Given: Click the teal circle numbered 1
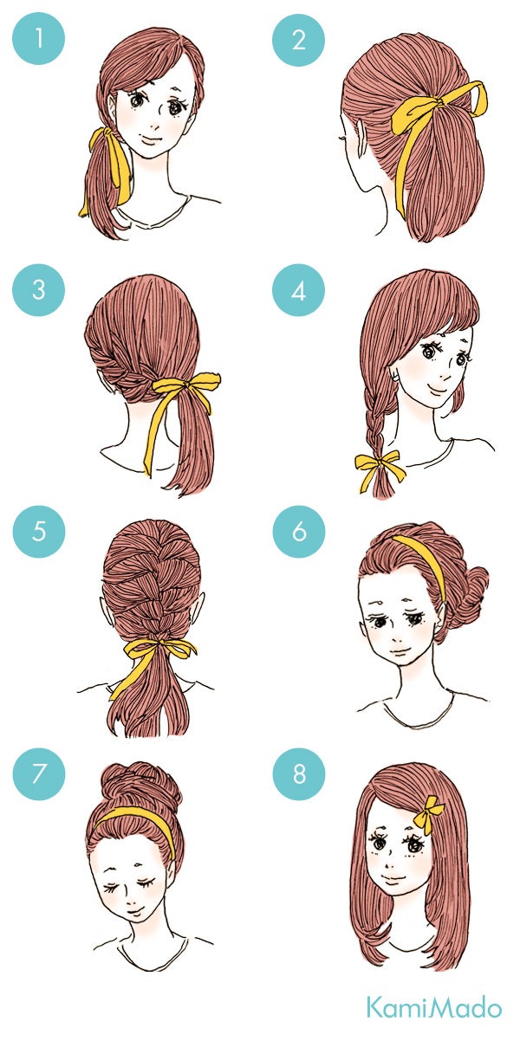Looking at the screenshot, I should point(38,39).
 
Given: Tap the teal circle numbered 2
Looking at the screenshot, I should point(299,39).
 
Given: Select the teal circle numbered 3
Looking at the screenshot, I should point(38,290).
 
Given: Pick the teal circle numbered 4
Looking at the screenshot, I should point(299,290).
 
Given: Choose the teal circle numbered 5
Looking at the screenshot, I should point(38,530).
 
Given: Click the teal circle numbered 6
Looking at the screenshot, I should point(299,530).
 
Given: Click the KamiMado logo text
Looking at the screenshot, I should point(432,1008).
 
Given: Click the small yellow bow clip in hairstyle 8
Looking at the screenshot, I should point(428,814).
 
